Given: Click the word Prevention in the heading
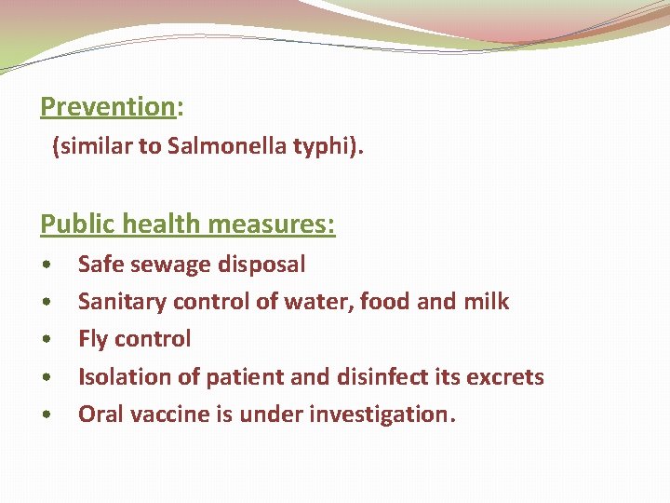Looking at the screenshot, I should coord(107,107).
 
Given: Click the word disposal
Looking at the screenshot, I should coord(261,265).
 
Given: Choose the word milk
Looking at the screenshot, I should coord(487,302).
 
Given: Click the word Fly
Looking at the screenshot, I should coord(93,339).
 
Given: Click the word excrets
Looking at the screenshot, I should coord(505,376).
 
